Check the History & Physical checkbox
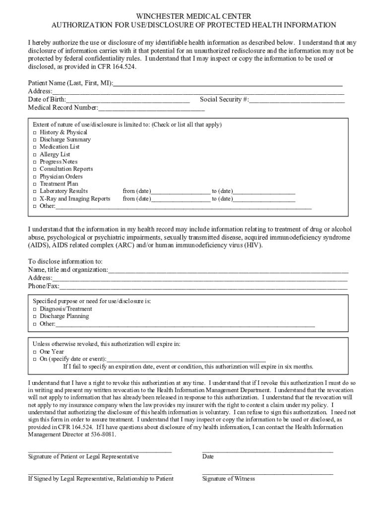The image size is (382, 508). [x=35, y=132]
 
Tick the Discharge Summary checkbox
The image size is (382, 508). [x=35, y=140]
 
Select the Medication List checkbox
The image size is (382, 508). [x=35, y=147]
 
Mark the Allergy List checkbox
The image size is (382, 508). [x=35, y=155]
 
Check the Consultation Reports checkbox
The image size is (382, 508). [x=35, y=169]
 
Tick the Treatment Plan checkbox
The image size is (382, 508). [x=35, y=184]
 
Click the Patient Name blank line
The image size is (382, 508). [x=228, y=84]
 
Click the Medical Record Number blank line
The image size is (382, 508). [x=151, y=108]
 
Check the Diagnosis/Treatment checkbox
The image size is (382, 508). [x=35, y=309]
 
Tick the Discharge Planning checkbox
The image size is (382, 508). [x=35, y=317]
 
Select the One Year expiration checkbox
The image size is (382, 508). [x=35, y=352]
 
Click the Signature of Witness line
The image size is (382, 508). [x=267, y=473]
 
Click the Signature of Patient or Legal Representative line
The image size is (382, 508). [x=100, y=451]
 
